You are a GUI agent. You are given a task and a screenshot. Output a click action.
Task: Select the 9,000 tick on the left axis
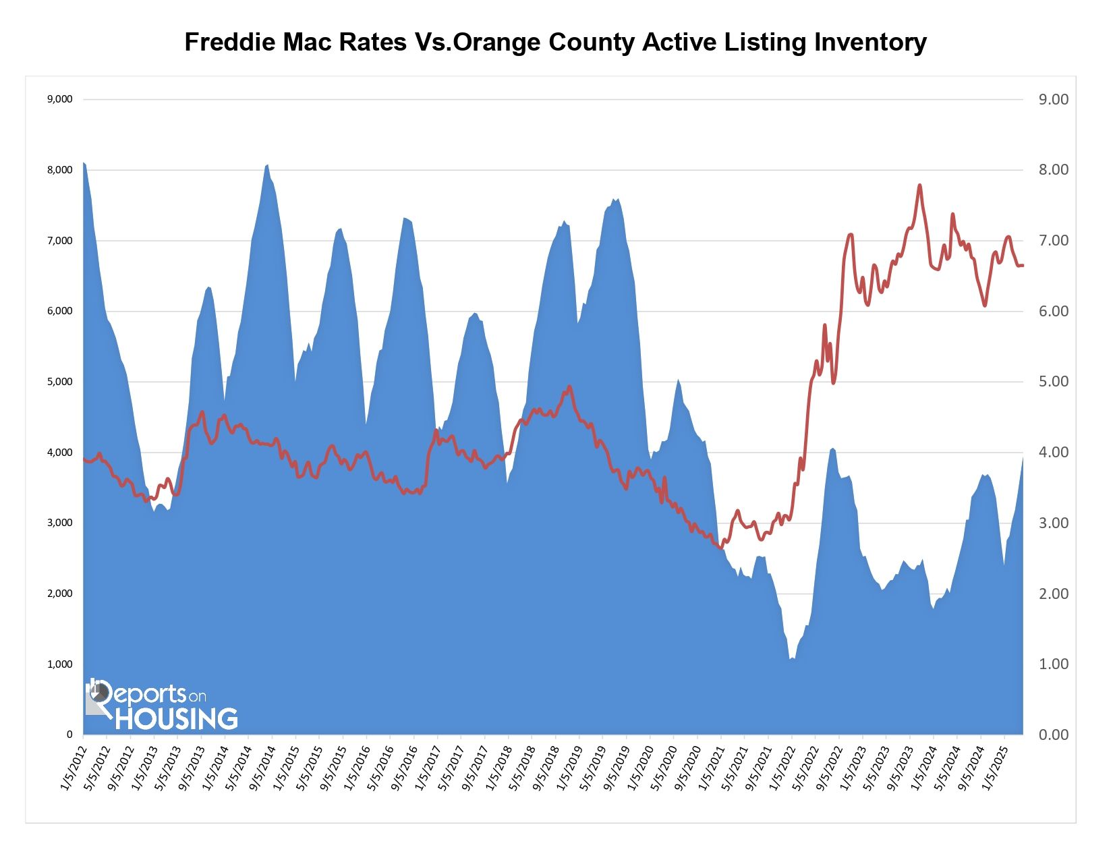(x=59, y=99)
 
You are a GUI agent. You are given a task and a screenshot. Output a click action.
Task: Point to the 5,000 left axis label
(x=59, y=382)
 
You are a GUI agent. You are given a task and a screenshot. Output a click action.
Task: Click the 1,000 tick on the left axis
(x=59, y=664)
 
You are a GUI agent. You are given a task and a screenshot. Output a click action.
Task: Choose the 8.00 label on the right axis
(x=1053, y=170)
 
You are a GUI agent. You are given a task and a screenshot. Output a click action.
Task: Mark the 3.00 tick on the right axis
(x=1053, y=523)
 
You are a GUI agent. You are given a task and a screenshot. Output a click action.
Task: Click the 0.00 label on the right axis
(x=1053, y=735)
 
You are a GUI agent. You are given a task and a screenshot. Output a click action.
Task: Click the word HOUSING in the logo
(x=176, y=718)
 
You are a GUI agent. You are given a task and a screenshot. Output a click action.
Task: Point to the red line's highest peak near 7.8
(x=919, y=185)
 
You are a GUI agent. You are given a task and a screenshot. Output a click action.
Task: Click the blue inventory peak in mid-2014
(x=267, y=165)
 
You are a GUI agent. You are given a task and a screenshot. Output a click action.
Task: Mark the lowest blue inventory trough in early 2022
(x=791, y=658)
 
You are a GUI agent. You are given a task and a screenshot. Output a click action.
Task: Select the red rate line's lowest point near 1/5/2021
(x=720, y=548)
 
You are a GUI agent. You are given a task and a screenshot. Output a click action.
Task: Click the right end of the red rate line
(x=1023, y=265)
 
